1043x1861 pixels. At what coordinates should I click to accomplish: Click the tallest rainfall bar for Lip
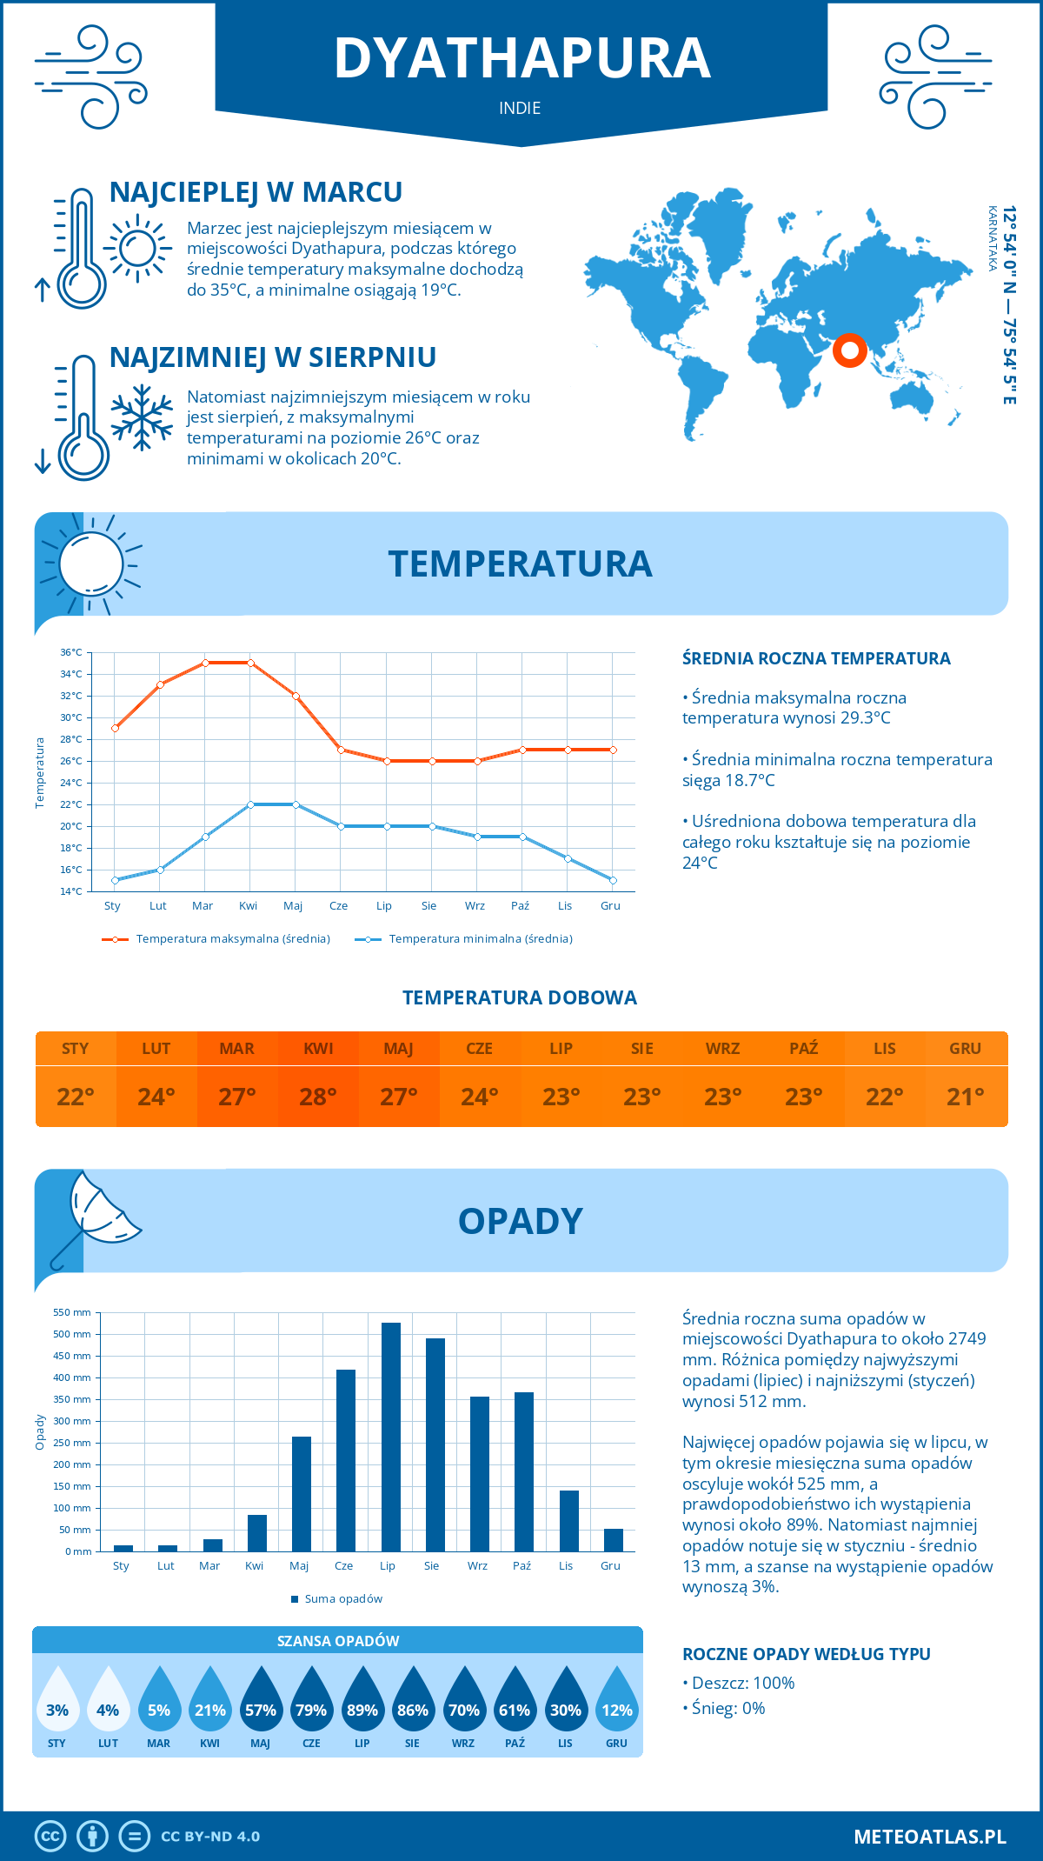(391, 1437)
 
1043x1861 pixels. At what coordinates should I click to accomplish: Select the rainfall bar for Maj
(302, 1493)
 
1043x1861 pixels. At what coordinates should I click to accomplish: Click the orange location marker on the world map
(849, 350)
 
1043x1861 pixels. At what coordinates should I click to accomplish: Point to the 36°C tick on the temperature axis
(71, 652)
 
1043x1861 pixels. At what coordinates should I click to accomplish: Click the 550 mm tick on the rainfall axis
(72, 1312)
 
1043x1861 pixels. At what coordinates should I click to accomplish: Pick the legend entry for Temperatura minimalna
(464, 939)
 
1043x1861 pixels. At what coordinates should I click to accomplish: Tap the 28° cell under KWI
(318, 1097)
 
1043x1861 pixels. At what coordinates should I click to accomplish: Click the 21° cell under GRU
(966, 1097)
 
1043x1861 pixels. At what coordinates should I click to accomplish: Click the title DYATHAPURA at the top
(521, 58)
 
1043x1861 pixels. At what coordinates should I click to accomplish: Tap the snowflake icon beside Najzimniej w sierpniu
(142, 417)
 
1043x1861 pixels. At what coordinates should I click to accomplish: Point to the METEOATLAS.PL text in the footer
(929, 1836)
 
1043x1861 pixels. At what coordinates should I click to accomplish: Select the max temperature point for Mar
(205, 663)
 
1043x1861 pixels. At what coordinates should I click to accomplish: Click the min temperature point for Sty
(115, 880)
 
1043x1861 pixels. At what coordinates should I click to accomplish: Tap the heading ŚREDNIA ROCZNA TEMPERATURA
(816, 658)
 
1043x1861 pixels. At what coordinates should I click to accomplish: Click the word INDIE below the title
(520, 108)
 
